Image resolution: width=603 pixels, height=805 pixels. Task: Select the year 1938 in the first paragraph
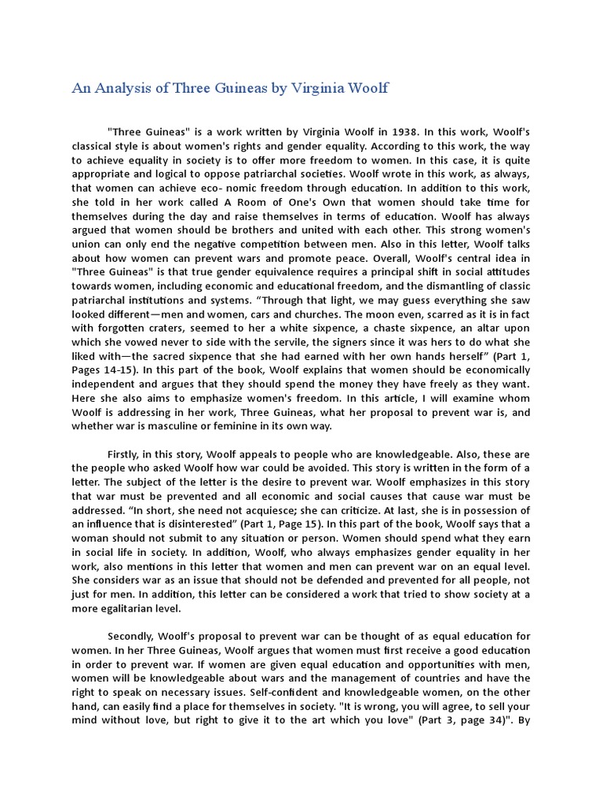click(400, 133)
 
